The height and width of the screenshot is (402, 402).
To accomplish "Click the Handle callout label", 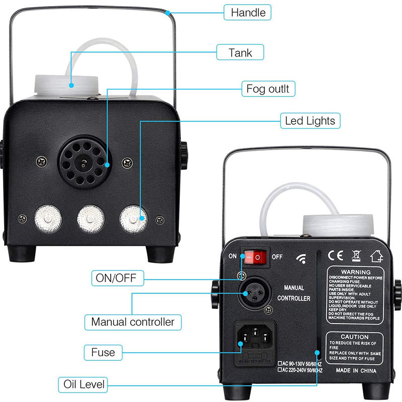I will point(248,12).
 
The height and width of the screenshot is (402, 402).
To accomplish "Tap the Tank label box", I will point(240,51).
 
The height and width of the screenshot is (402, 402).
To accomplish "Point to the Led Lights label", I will point(310,121).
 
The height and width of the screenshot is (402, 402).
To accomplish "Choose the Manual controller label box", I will point(132,322).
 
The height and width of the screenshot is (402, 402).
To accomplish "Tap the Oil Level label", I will point(84,385).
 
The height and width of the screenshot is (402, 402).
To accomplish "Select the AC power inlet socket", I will point(256,340).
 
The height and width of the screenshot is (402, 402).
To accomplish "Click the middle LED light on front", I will point(90,218).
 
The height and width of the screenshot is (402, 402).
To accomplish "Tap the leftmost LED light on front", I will point(47,218).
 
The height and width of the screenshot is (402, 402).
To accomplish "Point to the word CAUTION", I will point(355,337).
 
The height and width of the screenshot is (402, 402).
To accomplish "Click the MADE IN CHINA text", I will point(355,371).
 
